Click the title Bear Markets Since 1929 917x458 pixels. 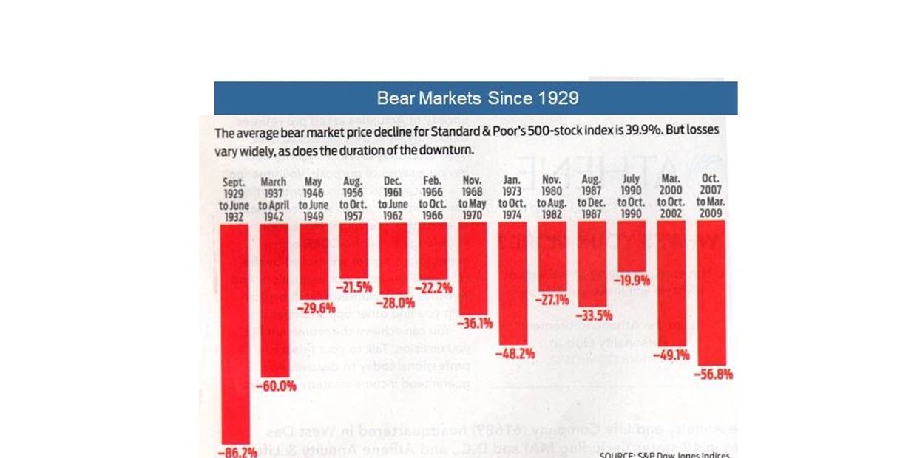pyautogui.click(x=477, y=98)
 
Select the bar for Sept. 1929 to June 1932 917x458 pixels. pyautogui.click(x=234, y=332)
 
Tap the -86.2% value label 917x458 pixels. pyautogui.click(x=237, y=451)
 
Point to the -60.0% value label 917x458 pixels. pyautogui.click(x=276, y=386)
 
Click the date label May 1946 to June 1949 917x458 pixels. pyautogui.click(x=313, y=199)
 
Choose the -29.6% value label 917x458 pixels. pyautogui.click(x=316, y=308)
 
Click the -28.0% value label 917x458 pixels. pyautogui.click(x=395, y=303)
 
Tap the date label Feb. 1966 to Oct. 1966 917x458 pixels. pyautogui.click(x=433, y=199)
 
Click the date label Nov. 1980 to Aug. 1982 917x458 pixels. pyautogui.click(x=552, y=199)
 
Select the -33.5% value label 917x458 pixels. pyautogui.click(x=592, y=315)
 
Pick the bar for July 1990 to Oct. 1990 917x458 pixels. pyautogui.click(x=632, y=247)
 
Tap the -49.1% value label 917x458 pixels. pyautogui.click(x=671, y=355)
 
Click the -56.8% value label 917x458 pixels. pyautogui.click(x=714, y=375)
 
